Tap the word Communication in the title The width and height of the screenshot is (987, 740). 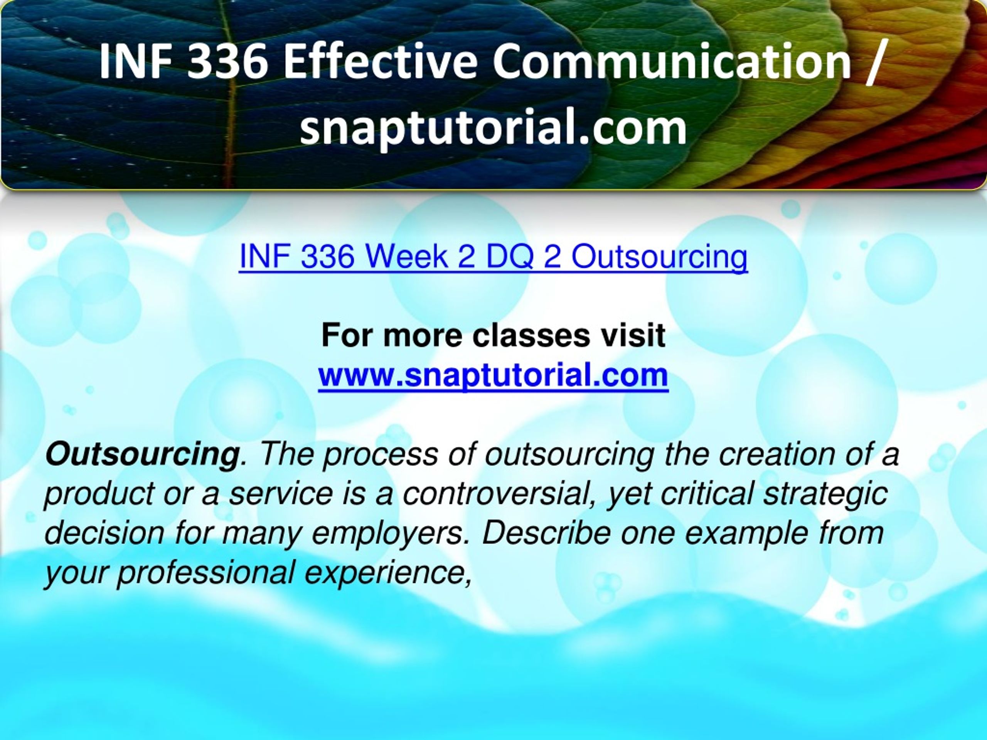(672, 61)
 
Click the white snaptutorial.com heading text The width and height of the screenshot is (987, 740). (493, 128)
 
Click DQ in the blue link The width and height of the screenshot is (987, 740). (510, 257)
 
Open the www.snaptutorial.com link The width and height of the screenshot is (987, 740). (493, 375)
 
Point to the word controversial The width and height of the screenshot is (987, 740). (500, 494)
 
